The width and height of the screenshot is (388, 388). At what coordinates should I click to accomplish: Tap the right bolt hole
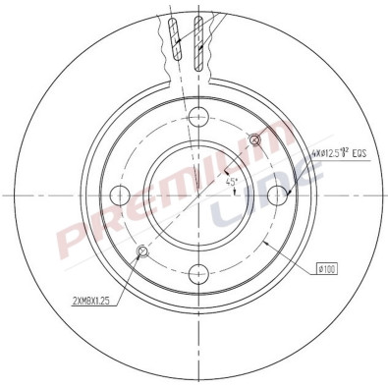tap(279, 193)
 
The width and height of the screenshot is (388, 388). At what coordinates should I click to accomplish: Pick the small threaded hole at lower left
tap(141, 250)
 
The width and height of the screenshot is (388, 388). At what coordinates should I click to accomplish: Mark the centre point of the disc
tap(198, 193)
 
